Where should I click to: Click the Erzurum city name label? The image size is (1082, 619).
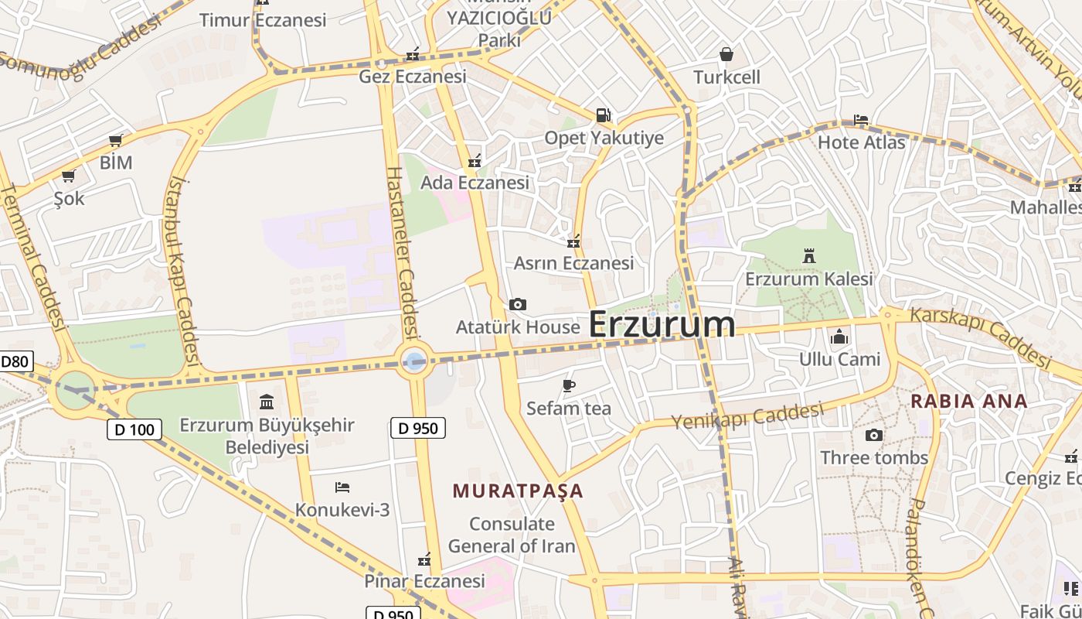tap(662, 324)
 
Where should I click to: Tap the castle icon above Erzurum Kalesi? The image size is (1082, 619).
tap(809, 255)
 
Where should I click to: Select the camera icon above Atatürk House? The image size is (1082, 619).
tap(518, 304)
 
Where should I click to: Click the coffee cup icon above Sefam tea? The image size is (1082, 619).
tap(569, 385)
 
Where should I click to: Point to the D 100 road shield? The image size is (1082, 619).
tap(134, 429)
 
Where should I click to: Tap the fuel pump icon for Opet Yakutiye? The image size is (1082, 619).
tap(603, 115)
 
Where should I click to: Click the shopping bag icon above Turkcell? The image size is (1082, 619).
tap(726, 54)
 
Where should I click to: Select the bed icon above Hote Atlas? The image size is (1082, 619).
tap(861, 120)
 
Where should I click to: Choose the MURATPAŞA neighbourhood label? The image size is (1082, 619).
tap(518, 491)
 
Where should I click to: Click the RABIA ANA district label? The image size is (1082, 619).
tap(969, 401)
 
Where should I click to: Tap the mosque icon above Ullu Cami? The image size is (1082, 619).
tap(839, 337)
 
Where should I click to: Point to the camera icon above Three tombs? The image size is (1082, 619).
tap(874, 435)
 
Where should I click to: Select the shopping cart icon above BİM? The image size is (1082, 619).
tap(116, 140)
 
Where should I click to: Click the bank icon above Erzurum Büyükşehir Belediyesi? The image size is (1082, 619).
tap(267, 402)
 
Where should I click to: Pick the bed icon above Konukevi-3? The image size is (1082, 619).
tap(342, 487)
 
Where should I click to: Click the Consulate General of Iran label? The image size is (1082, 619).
tap(512, 535)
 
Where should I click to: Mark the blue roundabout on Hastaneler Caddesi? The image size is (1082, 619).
tap(415, 361)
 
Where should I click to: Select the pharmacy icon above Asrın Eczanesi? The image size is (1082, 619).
tap(573, 241)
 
